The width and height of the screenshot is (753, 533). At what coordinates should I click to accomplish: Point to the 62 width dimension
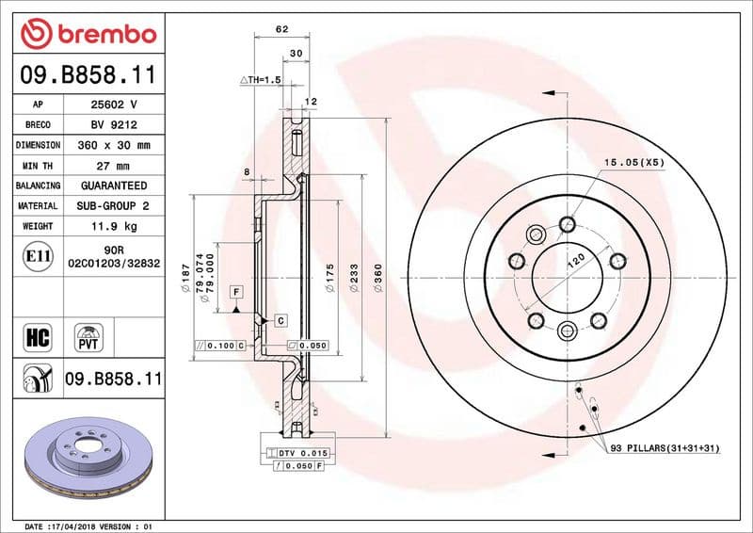[281, 29]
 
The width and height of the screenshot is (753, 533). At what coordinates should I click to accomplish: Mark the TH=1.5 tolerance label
[261, 81]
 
